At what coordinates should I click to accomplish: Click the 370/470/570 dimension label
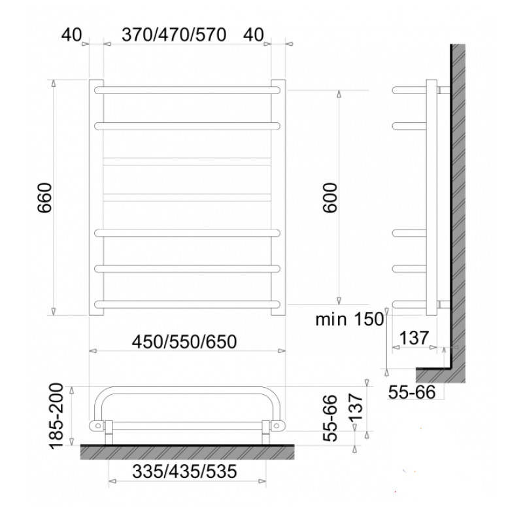tap(174, 35)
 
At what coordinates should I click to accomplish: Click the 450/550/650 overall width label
tap(184, 341)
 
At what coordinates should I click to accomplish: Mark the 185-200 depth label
tap(58, 418)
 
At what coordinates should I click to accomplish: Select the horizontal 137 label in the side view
tap(414, 338)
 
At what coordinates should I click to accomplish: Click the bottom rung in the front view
tap(186, 303)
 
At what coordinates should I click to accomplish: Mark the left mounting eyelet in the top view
tap(98, 426)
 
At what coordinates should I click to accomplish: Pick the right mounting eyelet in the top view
tap(278, 426)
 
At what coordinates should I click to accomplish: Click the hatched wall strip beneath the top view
tap(186, 452)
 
